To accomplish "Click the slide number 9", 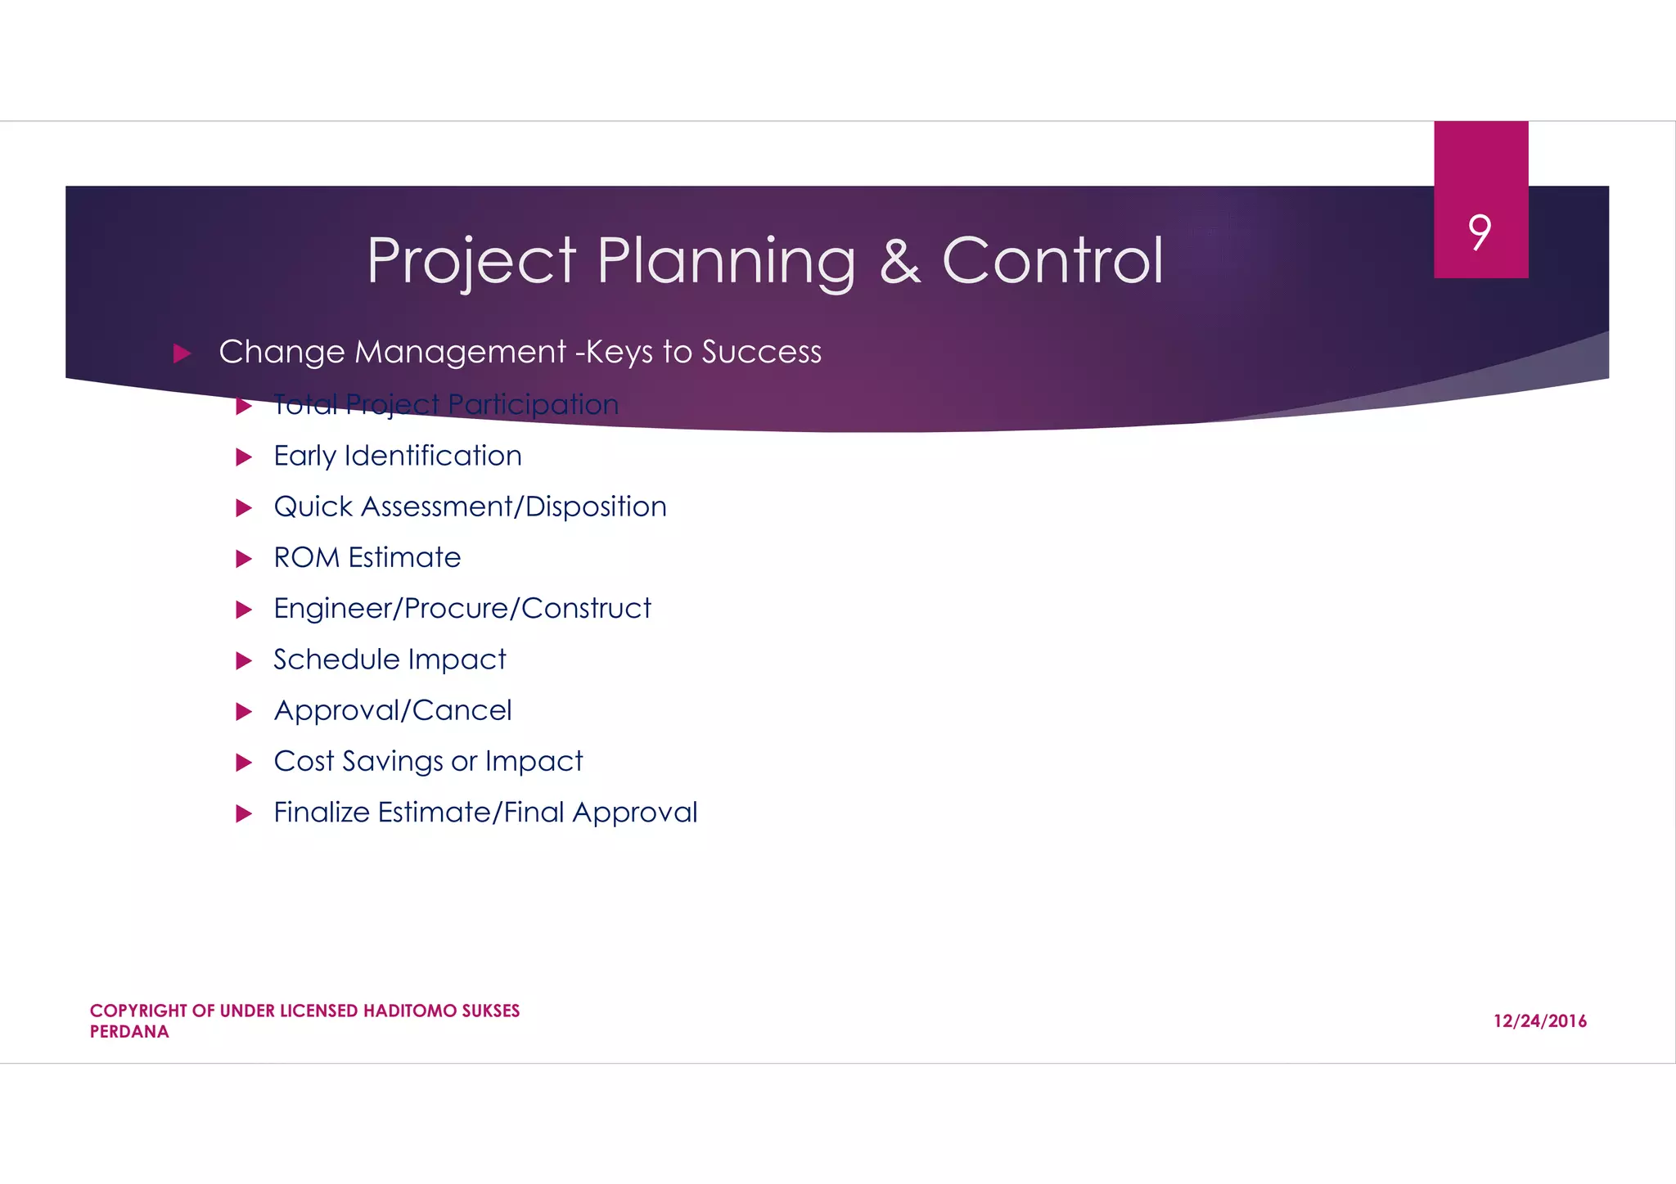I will pyautogui.click(x=1480, y=232).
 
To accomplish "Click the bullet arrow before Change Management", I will pyautogui.click(x=182, y=353).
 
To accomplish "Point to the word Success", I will pyautogui.click(x=761, y=352).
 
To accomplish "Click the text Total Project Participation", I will pyautogui.click(x=446, y=404).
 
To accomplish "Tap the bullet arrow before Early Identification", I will pyautogui.click(x=244, y=457).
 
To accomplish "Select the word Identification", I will pyautogui.click(x=433, y=456).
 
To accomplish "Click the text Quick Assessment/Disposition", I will pyautogui.click(x=470, y=506).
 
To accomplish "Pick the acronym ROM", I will pyautogui.click(x=306, y=557).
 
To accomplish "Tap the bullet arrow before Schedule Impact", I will pyautogui.click(x=244, y=660).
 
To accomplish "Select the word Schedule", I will pyautogui.click(x=336, y=659).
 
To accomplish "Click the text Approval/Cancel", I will pyautogui.click(x=393, y=710).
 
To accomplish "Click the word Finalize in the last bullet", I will pyautogui.click(x=322, y=812).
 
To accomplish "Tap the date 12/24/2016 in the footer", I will pyautogui.click(x=1539, y=1020).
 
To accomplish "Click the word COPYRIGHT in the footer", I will pyautogui.click(x=138, y=1011).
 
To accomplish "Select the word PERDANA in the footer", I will pyautogui.click(x=129, y=1032).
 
